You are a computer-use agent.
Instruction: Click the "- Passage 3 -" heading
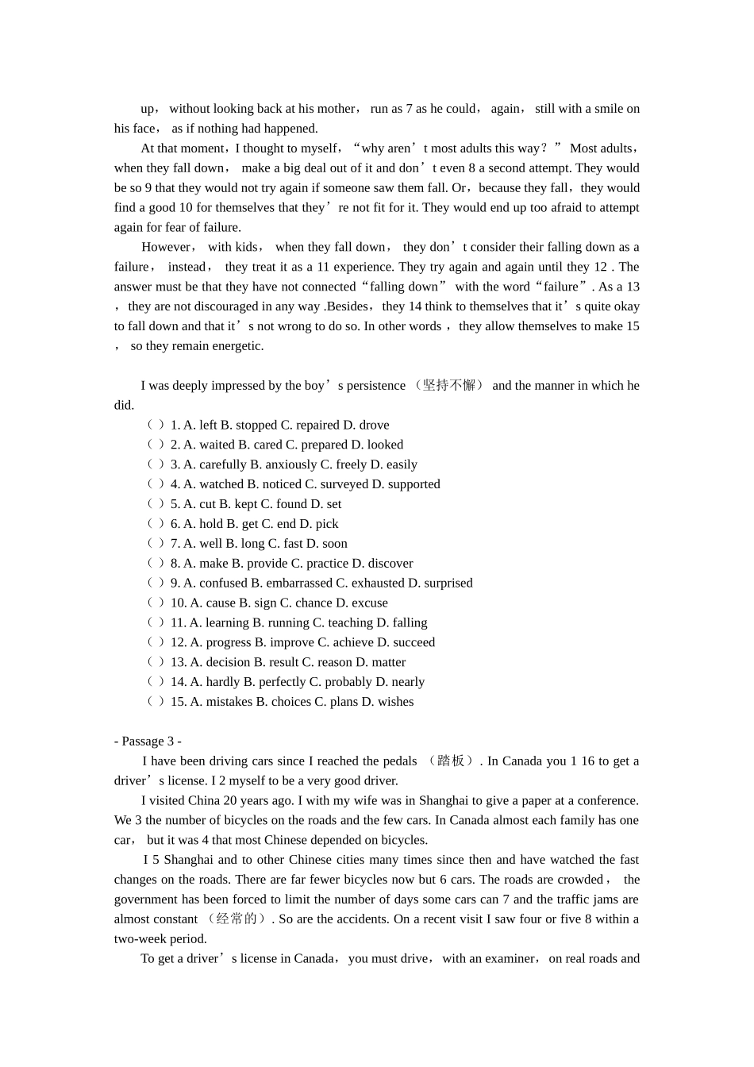(148, 741)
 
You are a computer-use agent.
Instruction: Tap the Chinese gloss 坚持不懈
(449, 385)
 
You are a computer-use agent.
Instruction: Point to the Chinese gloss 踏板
(451, 761)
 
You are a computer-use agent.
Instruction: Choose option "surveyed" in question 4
(337, 483)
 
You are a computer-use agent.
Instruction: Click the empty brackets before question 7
(156, 543)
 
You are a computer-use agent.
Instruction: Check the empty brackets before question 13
(156, 661)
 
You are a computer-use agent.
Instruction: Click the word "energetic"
(237, 345)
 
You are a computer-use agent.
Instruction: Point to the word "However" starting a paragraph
(167, 247)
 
